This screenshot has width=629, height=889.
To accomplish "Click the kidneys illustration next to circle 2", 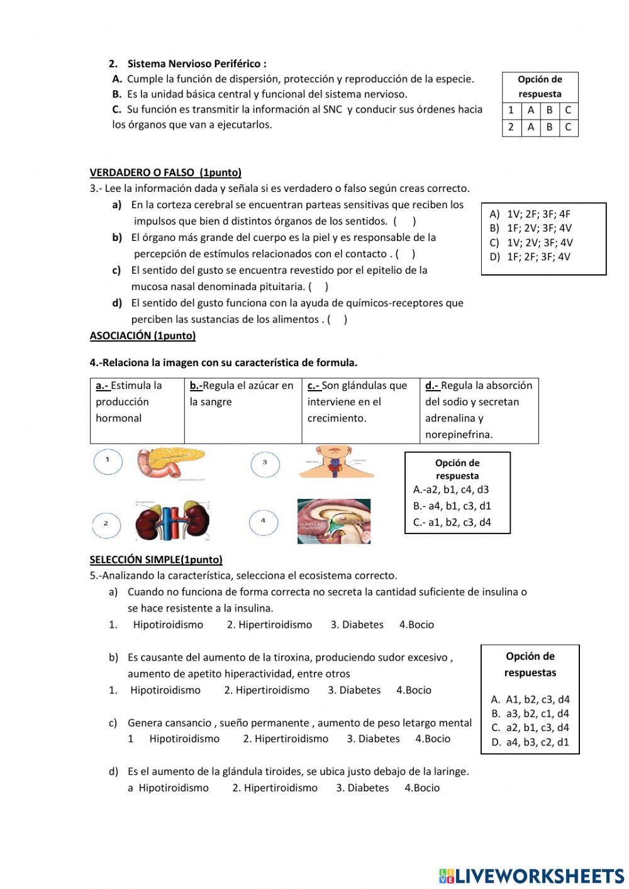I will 172,521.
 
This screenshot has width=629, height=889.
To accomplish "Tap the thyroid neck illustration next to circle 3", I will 336,462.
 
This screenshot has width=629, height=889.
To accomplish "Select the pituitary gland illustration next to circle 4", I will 333,521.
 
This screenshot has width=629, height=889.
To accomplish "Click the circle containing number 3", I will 265,463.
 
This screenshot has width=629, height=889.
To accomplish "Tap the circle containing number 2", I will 106,523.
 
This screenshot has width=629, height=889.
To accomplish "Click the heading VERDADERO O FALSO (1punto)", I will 165,172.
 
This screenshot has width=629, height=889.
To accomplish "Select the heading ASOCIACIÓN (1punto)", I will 143,336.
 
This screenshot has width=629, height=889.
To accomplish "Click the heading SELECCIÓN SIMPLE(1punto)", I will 156,559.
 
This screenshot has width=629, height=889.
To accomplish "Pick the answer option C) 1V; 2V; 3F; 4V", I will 532,243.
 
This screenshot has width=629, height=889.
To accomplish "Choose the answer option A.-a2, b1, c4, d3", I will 451,489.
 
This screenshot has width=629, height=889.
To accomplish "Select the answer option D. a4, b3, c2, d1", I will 530,742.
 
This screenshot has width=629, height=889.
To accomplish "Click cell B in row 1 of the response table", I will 549,110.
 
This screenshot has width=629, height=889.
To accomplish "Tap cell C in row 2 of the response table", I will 568,128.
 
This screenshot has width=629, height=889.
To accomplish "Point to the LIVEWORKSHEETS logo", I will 532,876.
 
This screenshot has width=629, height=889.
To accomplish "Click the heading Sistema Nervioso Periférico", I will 196,64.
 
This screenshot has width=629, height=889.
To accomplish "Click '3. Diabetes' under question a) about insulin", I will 357,625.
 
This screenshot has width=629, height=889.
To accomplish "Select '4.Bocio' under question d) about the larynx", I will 422,788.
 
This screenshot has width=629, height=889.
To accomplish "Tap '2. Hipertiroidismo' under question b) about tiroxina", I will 267,690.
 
